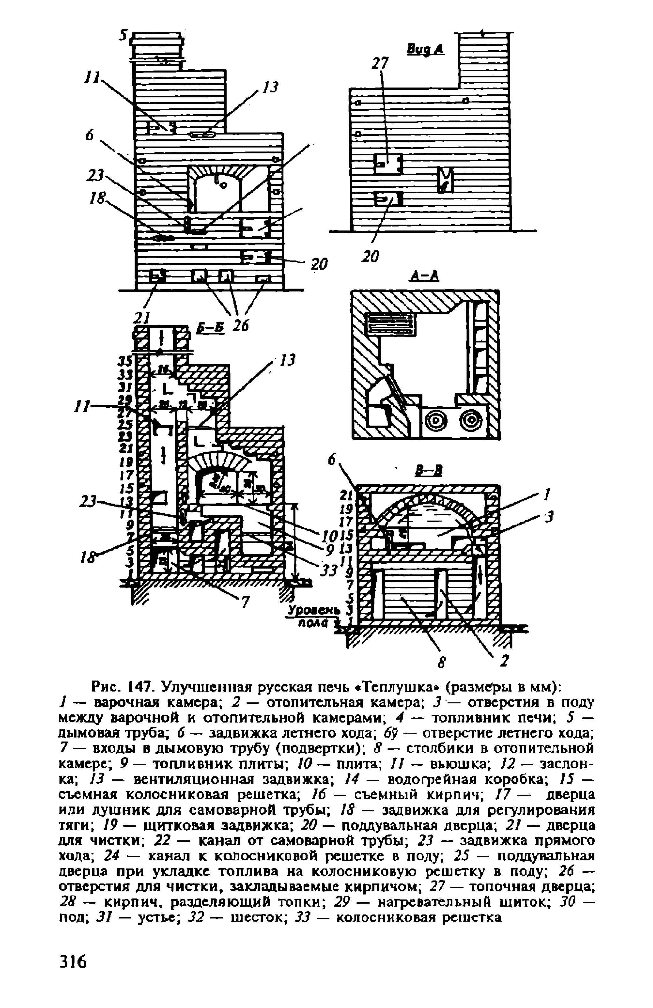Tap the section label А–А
click(x=424, y=276)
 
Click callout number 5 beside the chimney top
click(x=123, y=36)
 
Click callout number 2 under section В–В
click(x=504, y=662)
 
